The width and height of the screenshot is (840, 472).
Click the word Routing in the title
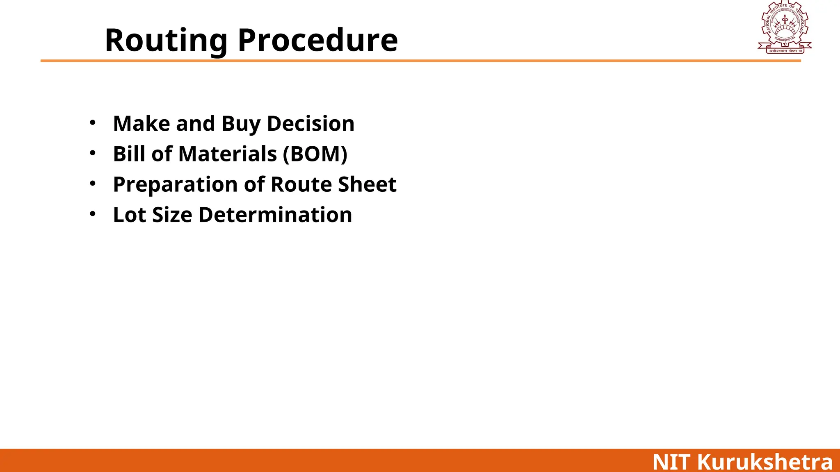[166, 41]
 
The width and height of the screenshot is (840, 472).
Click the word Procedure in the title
[318, 41]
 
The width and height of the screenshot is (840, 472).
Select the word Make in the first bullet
[141, 124]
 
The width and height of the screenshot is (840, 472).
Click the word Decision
[310, 124]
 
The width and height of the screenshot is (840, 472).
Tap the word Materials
[228, 154]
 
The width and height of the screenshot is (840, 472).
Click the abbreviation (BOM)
[315, 154]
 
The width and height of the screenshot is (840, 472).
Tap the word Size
[172, 215]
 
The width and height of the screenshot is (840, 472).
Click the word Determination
[275, 215]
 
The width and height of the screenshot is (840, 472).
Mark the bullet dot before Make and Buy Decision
[93, 123]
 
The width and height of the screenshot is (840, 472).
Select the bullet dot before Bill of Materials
[93, 153]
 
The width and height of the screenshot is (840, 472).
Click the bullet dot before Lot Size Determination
[93, 213]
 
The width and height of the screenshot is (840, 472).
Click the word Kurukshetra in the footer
[765, 462]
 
